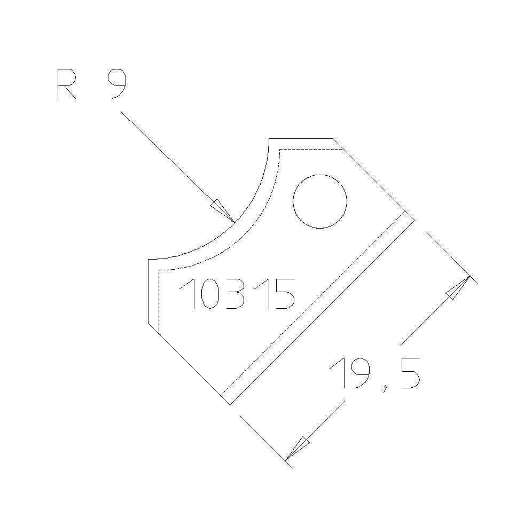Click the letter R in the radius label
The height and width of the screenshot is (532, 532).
[x=66, y=85]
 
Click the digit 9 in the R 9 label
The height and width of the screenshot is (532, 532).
[x=116, y=85]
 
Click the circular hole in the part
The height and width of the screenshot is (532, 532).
[x=320, y=201]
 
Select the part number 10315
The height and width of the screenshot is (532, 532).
[x=237, y=294]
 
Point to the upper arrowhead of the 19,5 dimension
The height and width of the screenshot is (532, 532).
[x=457, y=288]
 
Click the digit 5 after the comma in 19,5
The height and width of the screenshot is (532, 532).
[x=408, y=372]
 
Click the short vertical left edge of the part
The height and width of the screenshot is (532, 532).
[x=148, y=291]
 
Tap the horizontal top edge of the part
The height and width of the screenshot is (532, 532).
[x=301, y=138]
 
